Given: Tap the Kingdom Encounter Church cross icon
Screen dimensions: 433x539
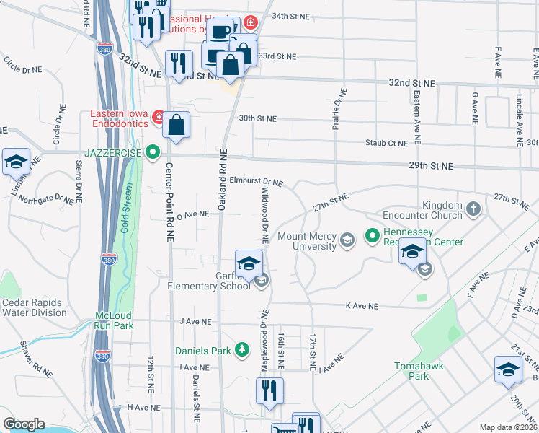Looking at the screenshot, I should pyautogui.click(x=473, y=210).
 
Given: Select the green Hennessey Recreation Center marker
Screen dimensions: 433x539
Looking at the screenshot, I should pyautogui.click(x=372, y=235).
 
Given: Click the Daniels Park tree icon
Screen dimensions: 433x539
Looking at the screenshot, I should pyautogui.click(x=242, y=351).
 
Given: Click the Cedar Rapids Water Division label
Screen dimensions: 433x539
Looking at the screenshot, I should pyautogui.click(x=33, y=307).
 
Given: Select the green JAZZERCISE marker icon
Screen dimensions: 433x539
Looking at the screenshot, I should pyautogui.click(x=152, y=152).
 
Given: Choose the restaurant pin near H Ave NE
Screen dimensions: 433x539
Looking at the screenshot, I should pyautogui.click(x=269, y=392).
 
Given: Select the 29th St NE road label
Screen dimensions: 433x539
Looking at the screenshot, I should pyautogui.click(x=432, y=166).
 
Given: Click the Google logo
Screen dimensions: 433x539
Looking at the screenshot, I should pyautogui.click(x=24, y=424).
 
